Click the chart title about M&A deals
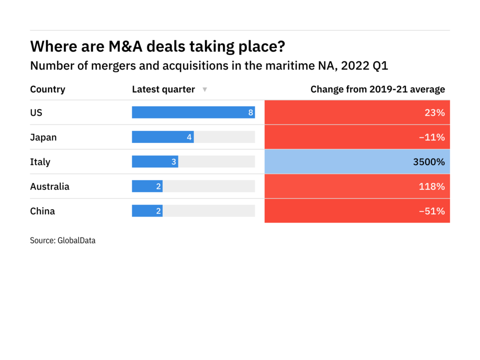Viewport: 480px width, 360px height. pos(157,47)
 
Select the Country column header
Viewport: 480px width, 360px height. pos(48,89)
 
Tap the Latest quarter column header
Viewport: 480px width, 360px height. pos(163,89)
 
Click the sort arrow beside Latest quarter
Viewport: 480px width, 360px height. pos(205,89)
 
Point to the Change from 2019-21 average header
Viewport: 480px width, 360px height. pos(377,89)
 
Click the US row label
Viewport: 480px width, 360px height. pos(36,112)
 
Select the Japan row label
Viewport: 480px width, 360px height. pos(43,137)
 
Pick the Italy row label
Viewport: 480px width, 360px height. pos(40,162)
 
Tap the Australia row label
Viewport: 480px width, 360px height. pos(49,186)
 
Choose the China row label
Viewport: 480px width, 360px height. pos(42,211)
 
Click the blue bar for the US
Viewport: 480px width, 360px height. pos(193,112)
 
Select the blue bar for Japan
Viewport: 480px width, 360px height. pos(162,137)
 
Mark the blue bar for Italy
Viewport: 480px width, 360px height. pos(155,162)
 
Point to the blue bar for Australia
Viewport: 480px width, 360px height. pos(147,186)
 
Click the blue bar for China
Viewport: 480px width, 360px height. pos(147,211)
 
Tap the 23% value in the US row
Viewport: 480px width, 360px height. pos(435,112)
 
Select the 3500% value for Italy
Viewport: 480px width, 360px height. pos(428,162)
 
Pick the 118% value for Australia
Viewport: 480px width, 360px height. pos(432,186)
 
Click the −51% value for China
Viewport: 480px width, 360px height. pos(432,211)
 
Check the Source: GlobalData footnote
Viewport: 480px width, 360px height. pos(62,241)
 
